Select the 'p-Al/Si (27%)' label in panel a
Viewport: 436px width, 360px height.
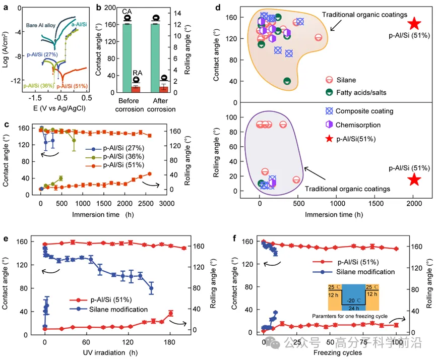[x=41, y=54]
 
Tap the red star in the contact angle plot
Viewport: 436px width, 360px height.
[x=414, y=24]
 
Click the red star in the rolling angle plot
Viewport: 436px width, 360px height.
[x=414, y=179]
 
